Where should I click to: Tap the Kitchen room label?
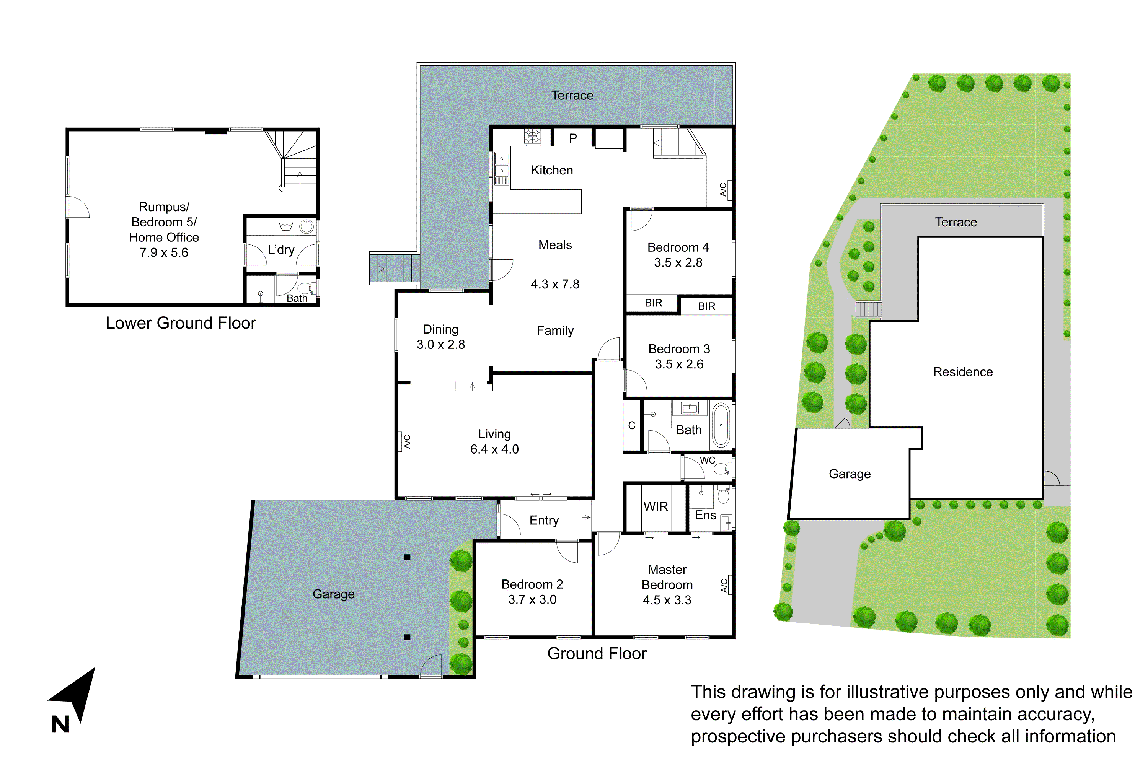(x=551, y=170)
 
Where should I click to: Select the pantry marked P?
(x=572, y=138)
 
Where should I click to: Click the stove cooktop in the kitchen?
(x=532, y=137)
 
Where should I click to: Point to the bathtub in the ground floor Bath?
(x=721, y=425)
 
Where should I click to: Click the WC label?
(x=707, y=460)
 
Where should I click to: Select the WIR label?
(x=656, y=507)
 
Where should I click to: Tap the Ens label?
(x=705, y=515)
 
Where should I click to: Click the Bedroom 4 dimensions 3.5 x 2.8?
(x=678, y=262)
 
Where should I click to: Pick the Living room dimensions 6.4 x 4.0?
(x=494, y=449)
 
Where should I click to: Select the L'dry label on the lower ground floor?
(x=281, y=250)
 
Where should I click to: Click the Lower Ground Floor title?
(x=181, y=323)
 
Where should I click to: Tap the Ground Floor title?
(x=597, y=653)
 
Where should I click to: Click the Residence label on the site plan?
(x=962, y=372)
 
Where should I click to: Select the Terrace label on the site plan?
(x=956, y=222)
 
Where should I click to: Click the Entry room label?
(x=544, y=520)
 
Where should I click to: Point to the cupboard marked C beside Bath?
(x=632, y=425)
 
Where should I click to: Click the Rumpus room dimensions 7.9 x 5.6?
(x=163, y=253)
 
